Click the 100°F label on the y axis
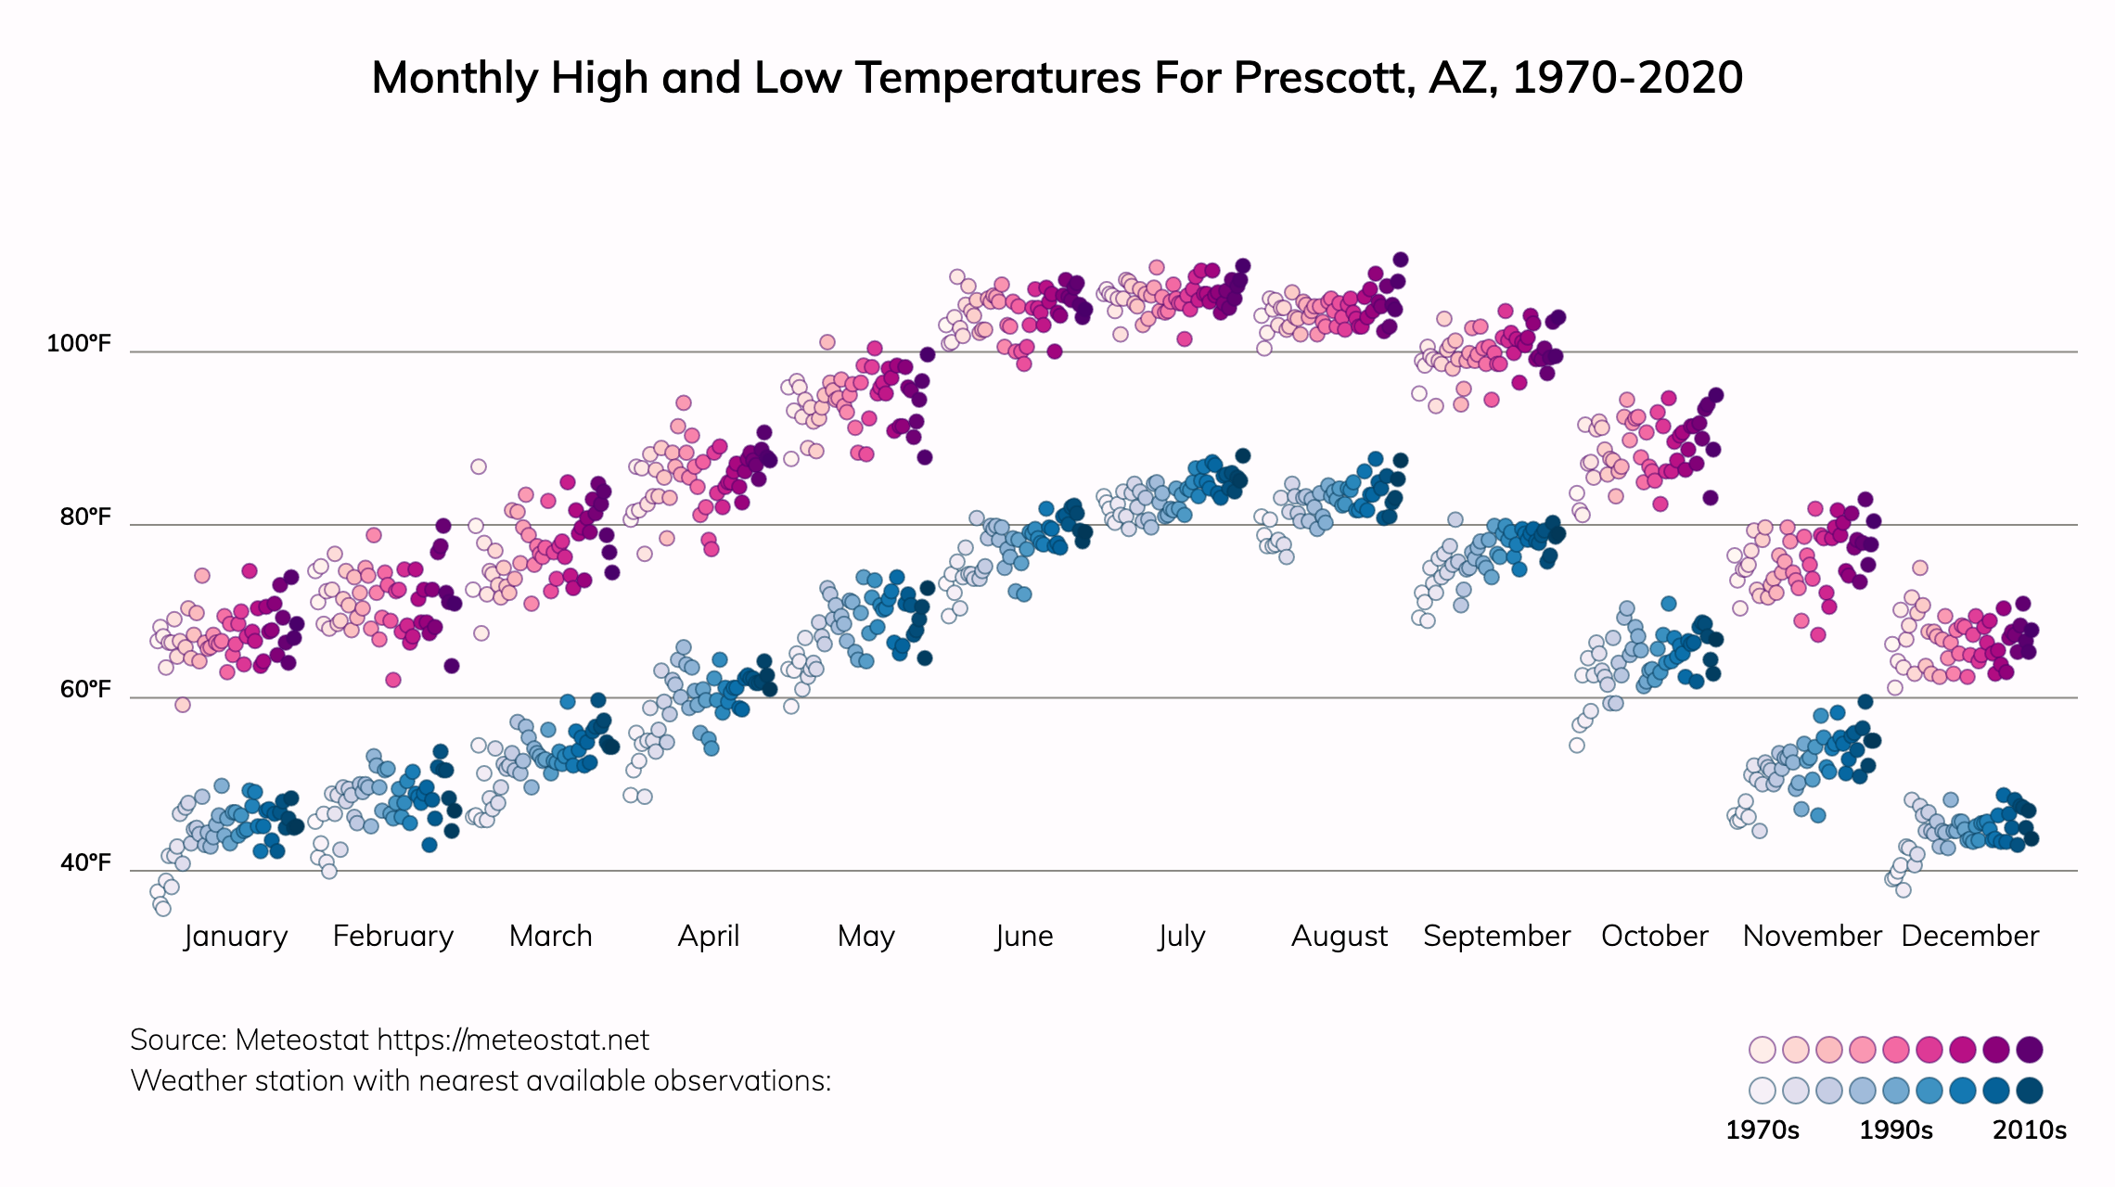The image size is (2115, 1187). (x=79, y=344)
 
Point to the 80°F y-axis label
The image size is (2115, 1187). (x=85, y=517)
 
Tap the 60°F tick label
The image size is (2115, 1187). (x=85, y=690)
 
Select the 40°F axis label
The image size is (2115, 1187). (x=85, y=863)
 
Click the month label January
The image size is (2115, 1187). (x=236, y=936)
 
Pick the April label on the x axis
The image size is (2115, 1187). (x=709, y=936)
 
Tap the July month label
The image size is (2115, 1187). (x=1182, y=936)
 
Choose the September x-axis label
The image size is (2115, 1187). (x=1496, y=936)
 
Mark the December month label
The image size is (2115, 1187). (x=1969, y=936)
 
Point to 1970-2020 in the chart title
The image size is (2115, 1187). (x=1627, y=78)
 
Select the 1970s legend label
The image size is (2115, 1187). (x=1762, y=1130)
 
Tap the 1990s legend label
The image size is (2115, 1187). (x=1896, y=1130)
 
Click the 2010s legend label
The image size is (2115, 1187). (x=2030, y=1130)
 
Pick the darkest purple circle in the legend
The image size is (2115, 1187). (x=2030, y=1050)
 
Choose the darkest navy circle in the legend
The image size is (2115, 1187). (x=2030, y=1091)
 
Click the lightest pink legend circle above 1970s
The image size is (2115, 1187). (x=1762, y=1050)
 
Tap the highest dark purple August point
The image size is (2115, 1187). (x=1401, y=260)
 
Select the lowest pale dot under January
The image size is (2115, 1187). (x=163, y=909)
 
